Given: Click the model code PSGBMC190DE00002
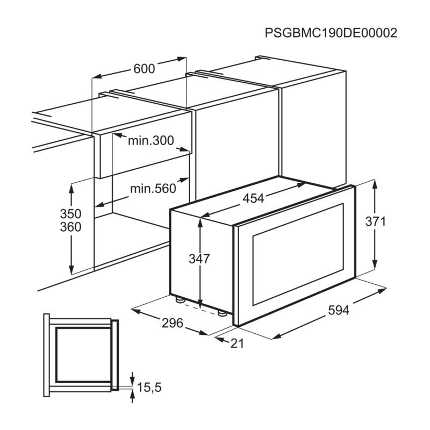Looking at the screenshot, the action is (x=331, y=33).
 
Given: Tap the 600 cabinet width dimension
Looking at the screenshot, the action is (x=144, y=69).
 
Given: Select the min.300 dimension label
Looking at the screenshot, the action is (x=151, y=140).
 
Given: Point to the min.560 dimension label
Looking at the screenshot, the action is (x=153, y=189).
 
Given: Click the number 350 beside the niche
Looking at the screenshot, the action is (x=70, y=213).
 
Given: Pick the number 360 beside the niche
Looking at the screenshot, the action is (x=70, y=227).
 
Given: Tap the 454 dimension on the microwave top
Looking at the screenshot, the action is (x=253, y=198).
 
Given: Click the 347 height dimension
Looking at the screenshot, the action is (x=199, y=259).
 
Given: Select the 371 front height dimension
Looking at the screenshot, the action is (x=375, y=221).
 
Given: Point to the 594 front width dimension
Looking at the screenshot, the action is (x=339, y=310).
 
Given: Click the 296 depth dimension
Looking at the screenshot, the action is (x=172, y=323).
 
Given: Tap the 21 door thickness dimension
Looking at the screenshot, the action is (x=237, y=343).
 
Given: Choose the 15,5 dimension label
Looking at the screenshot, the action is (x=149, y=387).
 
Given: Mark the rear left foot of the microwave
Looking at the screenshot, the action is (x=180, y=299).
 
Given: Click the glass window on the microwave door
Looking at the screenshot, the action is (x=298, y=254).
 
